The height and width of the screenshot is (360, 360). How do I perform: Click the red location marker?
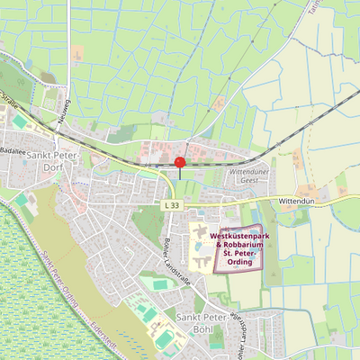coord(179,163)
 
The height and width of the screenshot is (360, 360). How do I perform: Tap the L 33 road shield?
coord(172,206)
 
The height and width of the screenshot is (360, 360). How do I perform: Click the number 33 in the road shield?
coord(175,206)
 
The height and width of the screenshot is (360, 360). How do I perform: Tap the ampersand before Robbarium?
coord(219,246)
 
